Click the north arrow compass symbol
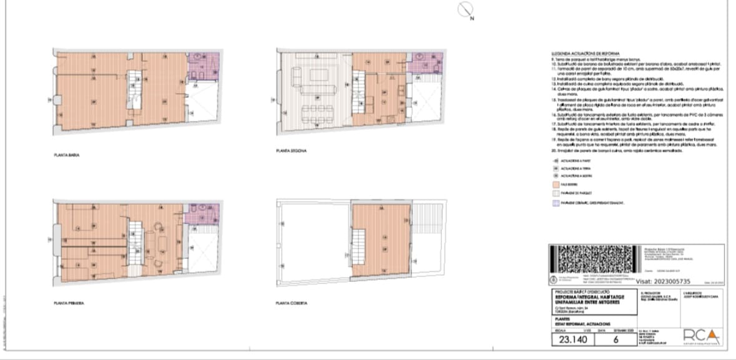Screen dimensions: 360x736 (466, 10)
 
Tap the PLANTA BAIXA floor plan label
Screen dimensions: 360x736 (66, 155)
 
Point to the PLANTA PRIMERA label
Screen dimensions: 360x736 (69, 303)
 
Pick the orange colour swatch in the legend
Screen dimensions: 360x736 (555, 185)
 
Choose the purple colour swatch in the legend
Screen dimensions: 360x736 (555, 203)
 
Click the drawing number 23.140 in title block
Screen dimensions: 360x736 (572, 340)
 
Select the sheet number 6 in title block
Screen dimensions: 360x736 (616, 340)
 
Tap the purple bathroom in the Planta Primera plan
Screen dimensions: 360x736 (202, 214)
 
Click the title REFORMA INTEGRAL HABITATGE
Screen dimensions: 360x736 (586, 298)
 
